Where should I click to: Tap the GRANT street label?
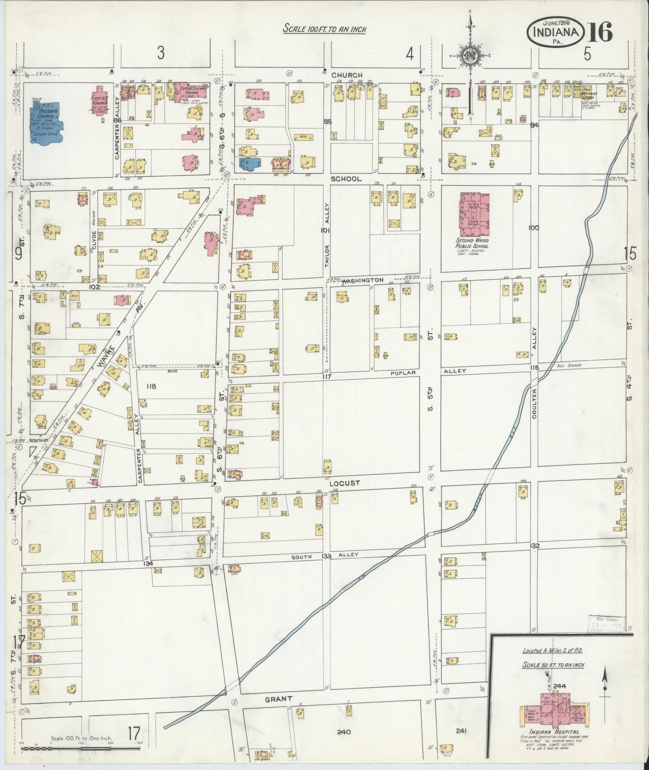[278, 699]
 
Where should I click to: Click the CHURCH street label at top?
[347, 75]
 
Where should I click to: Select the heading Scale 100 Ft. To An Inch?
[325, 29]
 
